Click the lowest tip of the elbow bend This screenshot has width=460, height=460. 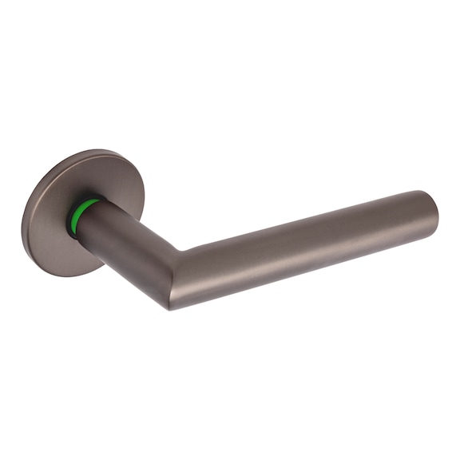(x=170, y=307)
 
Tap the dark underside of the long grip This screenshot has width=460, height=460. (x=303, y=268)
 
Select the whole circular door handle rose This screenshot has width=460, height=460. (x=72, y=212)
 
